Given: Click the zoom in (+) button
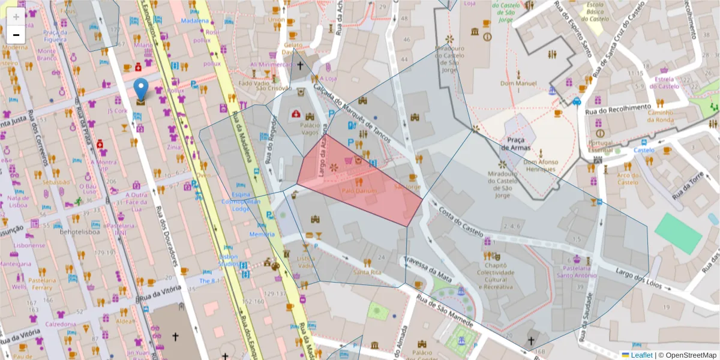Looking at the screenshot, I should point(16,17).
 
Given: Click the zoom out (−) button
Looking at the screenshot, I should point(16,34).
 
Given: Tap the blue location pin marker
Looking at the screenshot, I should point(140,89).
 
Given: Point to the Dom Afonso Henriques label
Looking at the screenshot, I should point(540,166).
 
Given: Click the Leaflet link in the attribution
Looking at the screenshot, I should point(641,355).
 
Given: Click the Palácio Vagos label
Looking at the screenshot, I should point(310,128).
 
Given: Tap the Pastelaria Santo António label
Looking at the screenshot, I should point(576,272).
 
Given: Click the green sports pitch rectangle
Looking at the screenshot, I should point(678,233).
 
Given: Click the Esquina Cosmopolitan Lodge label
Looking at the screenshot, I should point(250,202).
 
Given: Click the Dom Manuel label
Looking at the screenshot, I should point(518,83).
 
